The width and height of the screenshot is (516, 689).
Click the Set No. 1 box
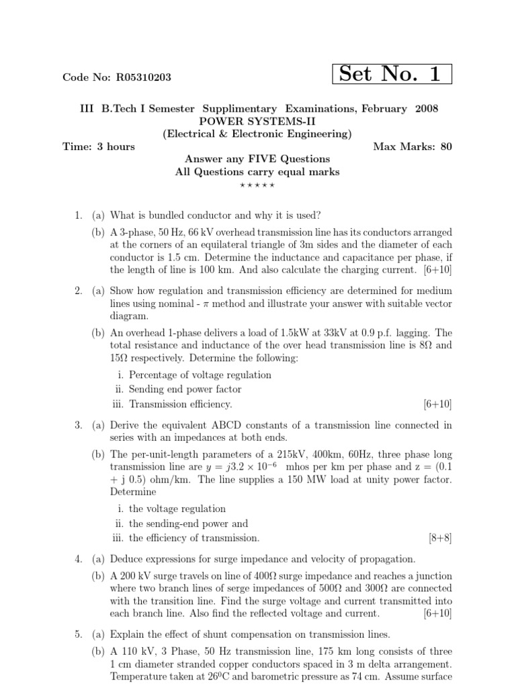tap(392, 74)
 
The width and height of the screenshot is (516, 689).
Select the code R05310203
tap(143, 77)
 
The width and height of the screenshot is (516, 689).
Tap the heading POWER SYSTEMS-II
tap(257, 121)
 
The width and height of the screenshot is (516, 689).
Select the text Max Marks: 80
tap(412, 147)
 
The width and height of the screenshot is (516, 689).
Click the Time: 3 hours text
tap(99, 147)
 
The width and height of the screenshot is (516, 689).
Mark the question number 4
tap(78, 559)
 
